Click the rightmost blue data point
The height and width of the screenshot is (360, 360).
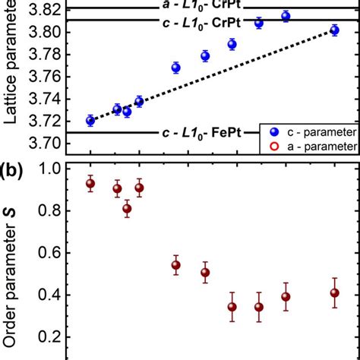pyautogui.click(x=334, y=30)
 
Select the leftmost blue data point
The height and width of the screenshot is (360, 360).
pyautogui.click(x=90, y=120)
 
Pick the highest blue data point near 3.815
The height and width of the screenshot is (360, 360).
pyautogui.click(x=286, y=16)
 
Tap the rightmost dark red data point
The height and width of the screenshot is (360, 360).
pyautogui.click(x=334, y=292)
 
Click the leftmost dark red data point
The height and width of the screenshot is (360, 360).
pyautogui.click(x=90, y=183)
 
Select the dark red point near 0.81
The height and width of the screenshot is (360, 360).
pyautogui.click(x=127, y=208)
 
